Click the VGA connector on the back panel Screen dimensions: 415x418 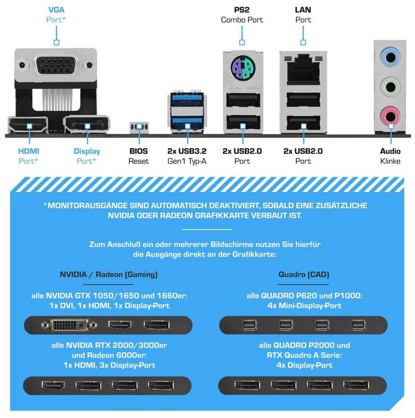(x=56, y=65)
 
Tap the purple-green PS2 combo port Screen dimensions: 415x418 (x=242, y=68)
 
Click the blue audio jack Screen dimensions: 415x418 (x=390, y=57)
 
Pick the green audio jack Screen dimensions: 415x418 (x=390, y=87)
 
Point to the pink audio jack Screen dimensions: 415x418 (x=390, y=116)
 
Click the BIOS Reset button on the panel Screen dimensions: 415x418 (x=139, y=127)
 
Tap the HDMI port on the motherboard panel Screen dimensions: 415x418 (x=28, y=125)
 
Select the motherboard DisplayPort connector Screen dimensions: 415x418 (x=87, y=124)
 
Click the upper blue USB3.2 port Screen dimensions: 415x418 (x=187, y=99)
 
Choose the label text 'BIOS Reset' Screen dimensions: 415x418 (x=139, y=156)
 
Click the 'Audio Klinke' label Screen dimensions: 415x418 (x=390, y=156)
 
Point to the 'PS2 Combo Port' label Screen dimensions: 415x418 (x=242, y=15)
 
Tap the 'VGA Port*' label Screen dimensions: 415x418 (x=56, y=15)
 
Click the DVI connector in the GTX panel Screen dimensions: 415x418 (x=69, y=325)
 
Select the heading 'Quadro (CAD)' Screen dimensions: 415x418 (x=304, y=274)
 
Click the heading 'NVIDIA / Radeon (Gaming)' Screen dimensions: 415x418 (x=108, y=274)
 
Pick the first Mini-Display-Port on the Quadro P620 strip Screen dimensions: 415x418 (x=250, y=325)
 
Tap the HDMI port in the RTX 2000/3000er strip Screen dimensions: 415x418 (x=53, y=385)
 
